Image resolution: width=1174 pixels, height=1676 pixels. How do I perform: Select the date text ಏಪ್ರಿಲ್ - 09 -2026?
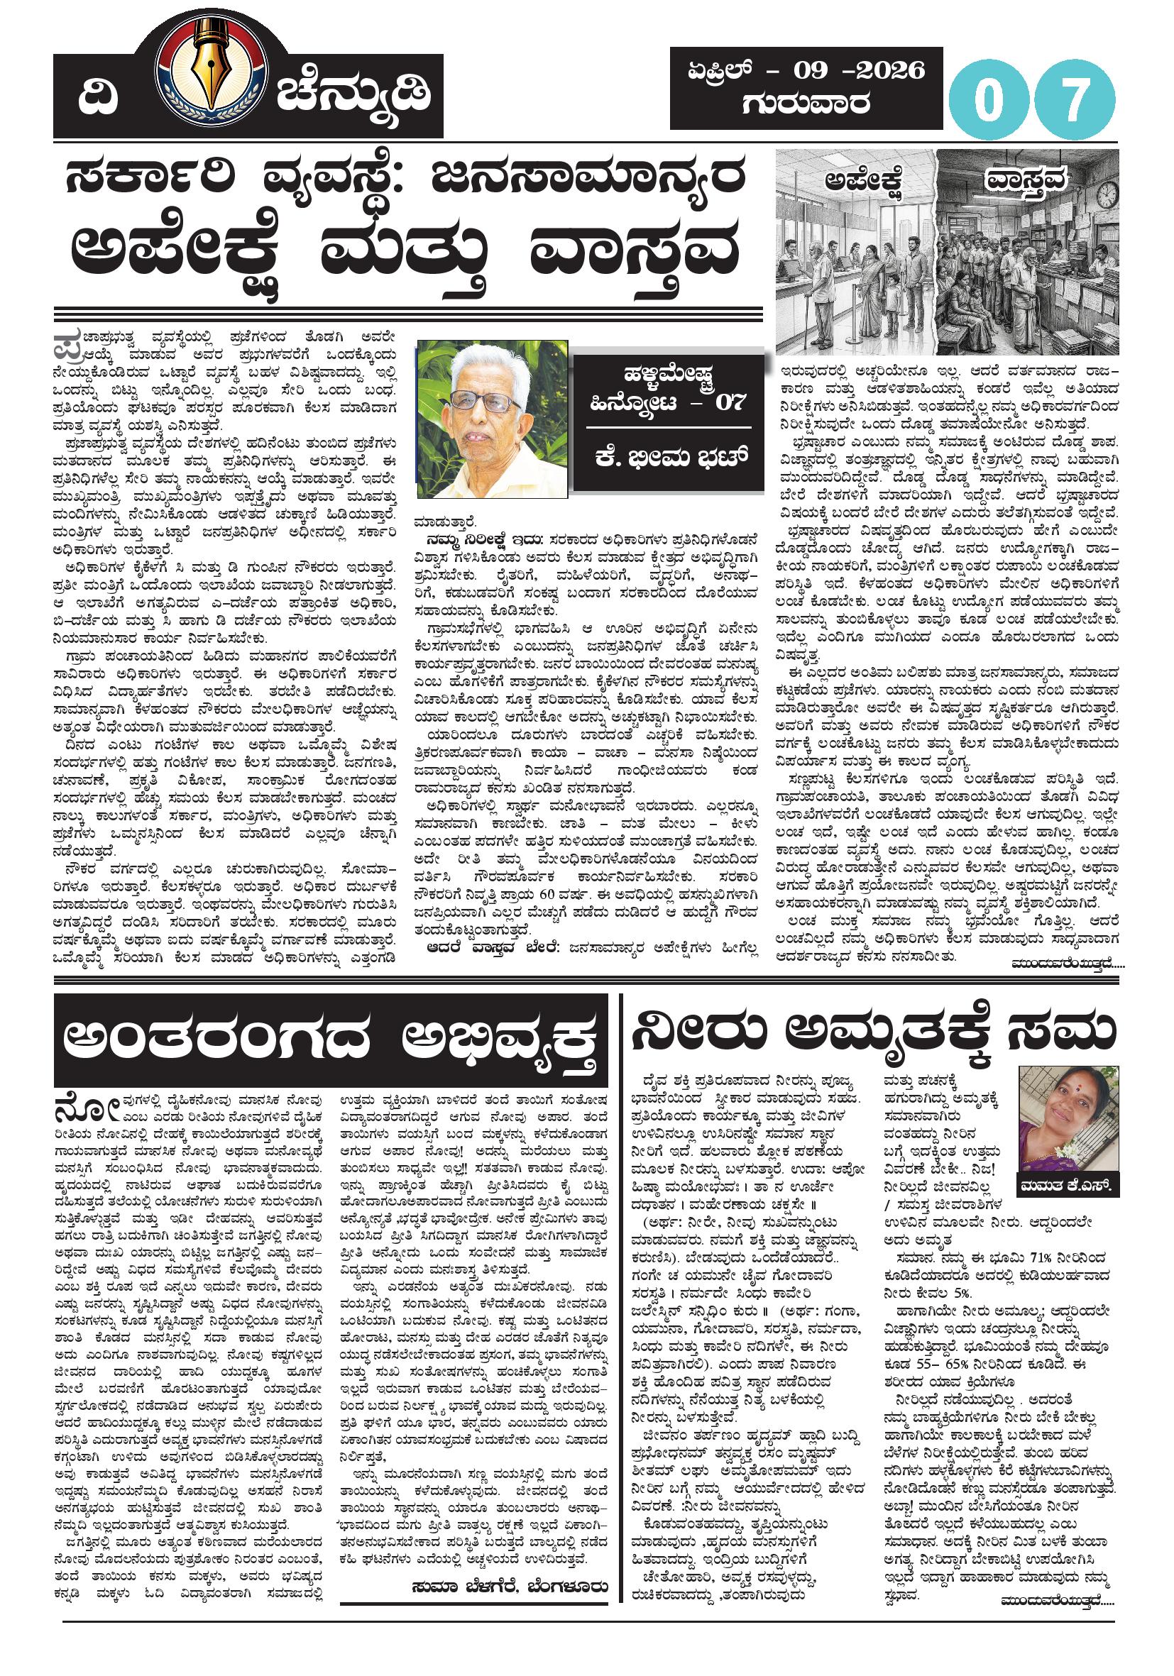coord(806,70)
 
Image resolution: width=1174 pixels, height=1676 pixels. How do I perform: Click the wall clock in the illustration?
coord(1104,195)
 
